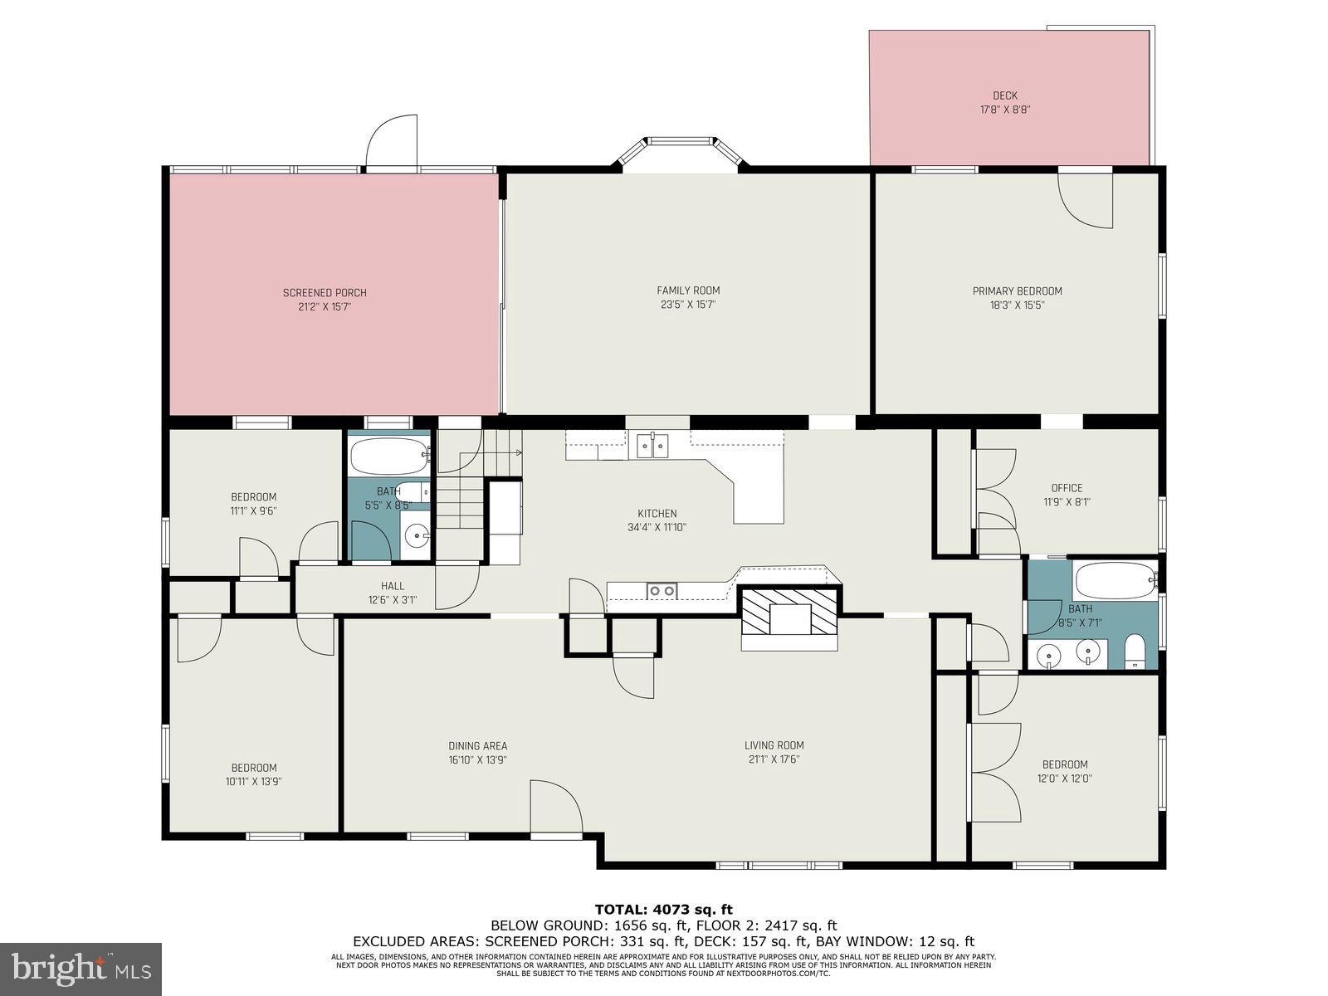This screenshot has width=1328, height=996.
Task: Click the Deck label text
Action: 1004,95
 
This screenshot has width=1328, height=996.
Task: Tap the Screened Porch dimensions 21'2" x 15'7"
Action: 325,306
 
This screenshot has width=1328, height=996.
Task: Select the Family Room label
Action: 688,290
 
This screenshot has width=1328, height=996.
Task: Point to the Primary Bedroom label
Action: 1017,291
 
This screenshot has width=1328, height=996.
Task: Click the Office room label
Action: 1067,488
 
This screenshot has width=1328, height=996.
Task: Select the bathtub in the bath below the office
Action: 1113,580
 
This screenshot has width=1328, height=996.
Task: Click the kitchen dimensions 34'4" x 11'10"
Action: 657,527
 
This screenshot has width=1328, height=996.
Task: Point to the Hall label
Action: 393,586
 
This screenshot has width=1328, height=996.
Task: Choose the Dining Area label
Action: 477,746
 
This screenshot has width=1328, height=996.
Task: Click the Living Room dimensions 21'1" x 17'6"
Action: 774,759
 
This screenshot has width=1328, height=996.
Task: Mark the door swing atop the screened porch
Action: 393,141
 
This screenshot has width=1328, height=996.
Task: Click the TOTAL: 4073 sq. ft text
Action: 663,910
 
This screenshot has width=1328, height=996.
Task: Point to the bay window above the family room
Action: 680,154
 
